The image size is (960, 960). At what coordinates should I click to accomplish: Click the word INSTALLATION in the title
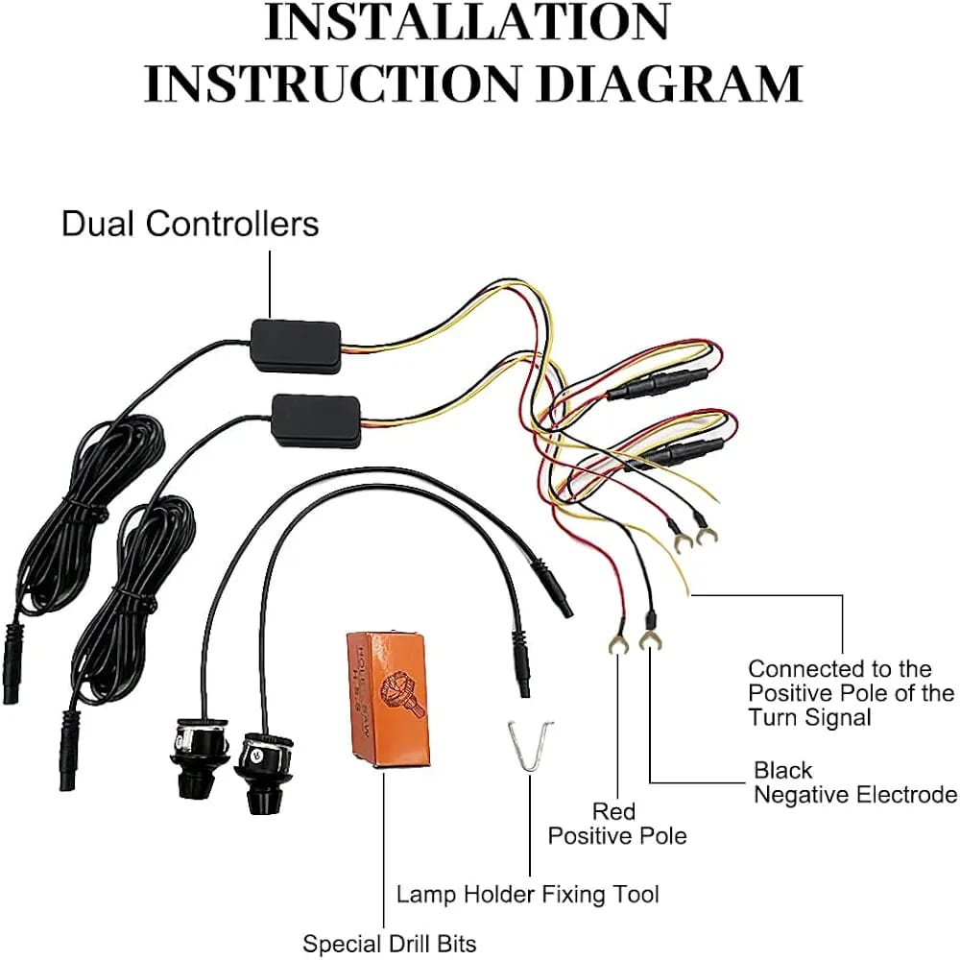point(467,25)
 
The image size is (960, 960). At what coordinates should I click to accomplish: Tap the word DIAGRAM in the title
point(669,83)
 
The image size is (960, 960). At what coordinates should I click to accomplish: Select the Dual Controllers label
point(190,224)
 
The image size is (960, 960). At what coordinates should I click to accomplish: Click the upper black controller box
point(295,345)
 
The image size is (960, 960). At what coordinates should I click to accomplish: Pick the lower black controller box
point(317,420)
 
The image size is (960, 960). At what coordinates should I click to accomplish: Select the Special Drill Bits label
point(389,944)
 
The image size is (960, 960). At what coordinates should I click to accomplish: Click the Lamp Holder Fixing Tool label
point(528,894)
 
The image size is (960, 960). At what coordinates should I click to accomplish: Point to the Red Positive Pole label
point(616,824)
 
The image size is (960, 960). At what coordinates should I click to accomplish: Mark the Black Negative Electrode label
point(854,782)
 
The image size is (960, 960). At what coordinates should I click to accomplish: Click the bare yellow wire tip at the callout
point(687,591)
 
